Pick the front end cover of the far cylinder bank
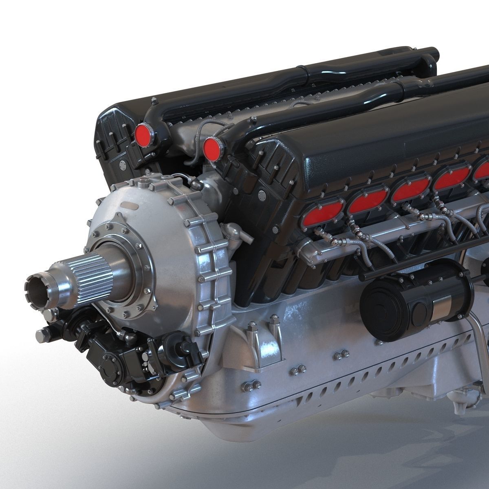click(x=114, y=139)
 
